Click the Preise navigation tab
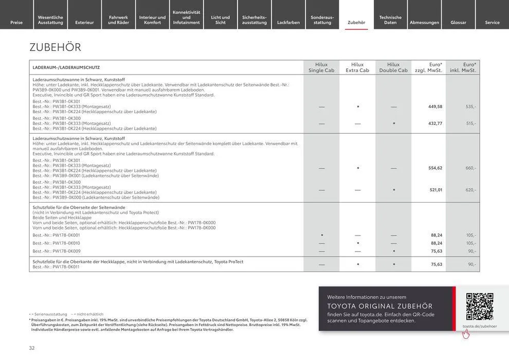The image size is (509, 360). click(x=16, y=23)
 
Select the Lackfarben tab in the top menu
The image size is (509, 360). click(x=288, y=23)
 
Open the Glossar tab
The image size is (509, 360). click(x=458, y=23)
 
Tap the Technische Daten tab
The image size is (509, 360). click(x=390, y=20)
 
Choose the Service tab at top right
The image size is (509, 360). click(x=492, y=23)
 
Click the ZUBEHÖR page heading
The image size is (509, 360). click(x=56, y=47)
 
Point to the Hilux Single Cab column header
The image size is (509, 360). click(x=321, y=67)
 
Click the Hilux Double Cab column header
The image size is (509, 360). click(x=393, y=67)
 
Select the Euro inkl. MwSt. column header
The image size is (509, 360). click(x=463, y=67)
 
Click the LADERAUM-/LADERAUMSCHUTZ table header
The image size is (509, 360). click(x=66, y=67)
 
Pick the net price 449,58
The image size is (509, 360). click(x=435, y=106)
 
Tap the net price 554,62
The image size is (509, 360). click(x=435, y=168)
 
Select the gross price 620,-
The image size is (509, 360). click(x=471, y=190)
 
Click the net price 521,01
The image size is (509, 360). click(x=435, y=190)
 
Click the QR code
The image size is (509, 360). click(x=479, y=307)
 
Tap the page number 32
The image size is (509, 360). click(x=32, y=348)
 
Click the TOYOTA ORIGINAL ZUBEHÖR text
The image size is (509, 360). click(x=380, y=306)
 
